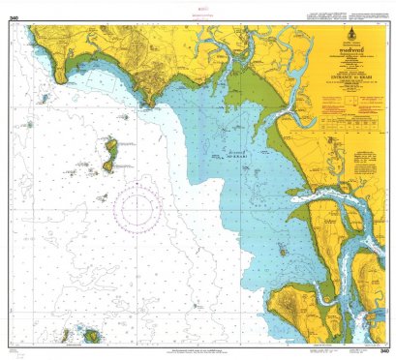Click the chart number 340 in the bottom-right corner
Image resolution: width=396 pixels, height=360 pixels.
[384, 349]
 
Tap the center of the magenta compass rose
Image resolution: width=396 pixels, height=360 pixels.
[137, 206]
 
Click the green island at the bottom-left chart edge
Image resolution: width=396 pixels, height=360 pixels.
[93, 336]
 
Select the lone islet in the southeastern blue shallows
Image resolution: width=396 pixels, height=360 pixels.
[281, 251]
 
